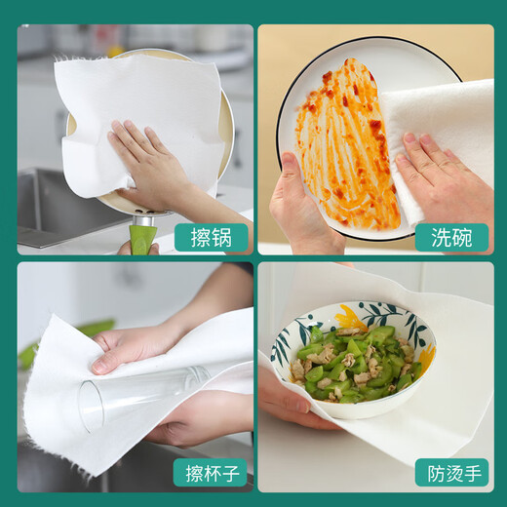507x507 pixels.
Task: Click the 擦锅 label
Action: coord(210,237)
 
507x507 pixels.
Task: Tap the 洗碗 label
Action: coord(451,237)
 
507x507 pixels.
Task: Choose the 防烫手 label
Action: coord(451,474)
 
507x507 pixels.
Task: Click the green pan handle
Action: coord(142,236)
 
